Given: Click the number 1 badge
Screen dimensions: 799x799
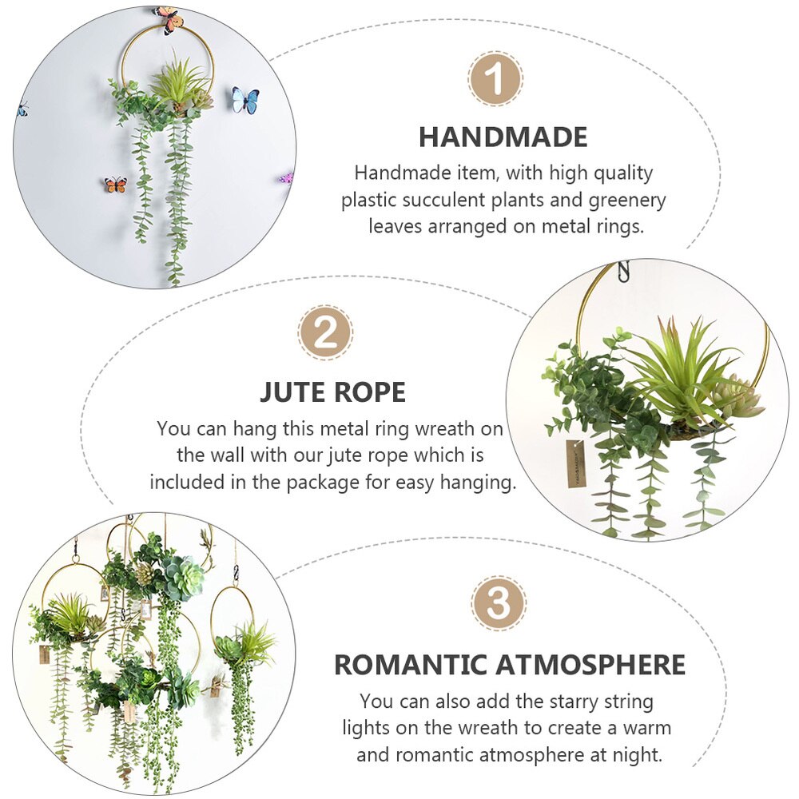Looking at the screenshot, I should tap(495, 79).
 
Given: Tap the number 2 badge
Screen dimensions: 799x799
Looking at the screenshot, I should tap(325, 332).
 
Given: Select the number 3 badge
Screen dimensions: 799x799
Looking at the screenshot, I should tap(498, 603).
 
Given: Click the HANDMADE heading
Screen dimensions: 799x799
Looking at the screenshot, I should tap(503, 137).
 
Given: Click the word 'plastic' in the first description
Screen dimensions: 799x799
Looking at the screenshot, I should tap(371, 200).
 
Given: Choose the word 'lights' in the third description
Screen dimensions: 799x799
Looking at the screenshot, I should tap(370, 728).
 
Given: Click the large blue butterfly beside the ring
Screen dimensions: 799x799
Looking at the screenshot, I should tap(245, 100).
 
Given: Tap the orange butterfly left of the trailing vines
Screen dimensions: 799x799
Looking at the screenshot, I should tap(116, 185).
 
